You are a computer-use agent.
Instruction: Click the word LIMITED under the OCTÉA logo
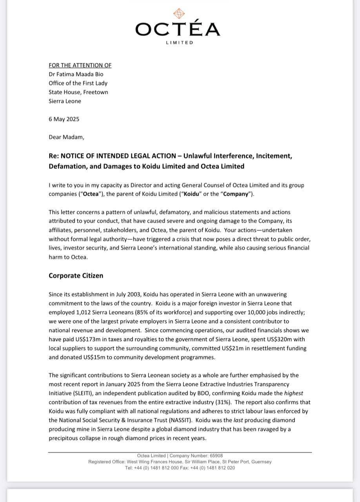click(x=180, y=42)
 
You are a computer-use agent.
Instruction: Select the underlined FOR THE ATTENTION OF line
click(x=80, y=65)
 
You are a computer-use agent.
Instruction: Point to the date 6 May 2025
click(x=64, y=119)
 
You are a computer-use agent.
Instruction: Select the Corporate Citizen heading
click(x=76, y=276)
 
